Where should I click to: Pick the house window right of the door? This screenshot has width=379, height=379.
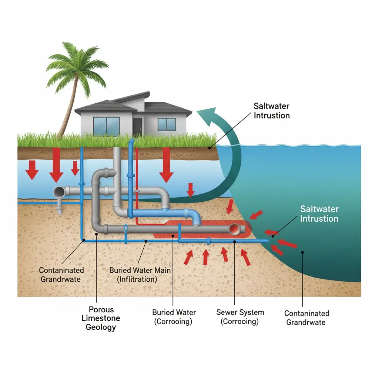(167, 124)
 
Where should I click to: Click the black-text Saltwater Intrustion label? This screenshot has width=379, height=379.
(271, 111)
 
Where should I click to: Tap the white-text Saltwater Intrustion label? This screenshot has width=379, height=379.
(319, 214)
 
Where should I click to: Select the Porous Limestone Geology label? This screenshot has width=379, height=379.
(101, 318)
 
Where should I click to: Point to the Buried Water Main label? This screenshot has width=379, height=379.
(140, 275)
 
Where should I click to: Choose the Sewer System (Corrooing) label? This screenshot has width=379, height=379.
(240, 316)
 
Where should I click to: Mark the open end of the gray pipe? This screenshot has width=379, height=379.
(59, 192)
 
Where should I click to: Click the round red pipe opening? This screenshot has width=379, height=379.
(235, 230)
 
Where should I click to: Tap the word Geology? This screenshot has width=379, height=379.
(101, 327)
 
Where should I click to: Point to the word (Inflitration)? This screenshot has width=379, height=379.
(137, 279)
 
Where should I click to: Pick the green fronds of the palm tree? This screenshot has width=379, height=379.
(70, 65)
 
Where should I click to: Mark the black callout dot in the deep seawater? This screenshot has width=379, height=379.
(302, 253)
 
